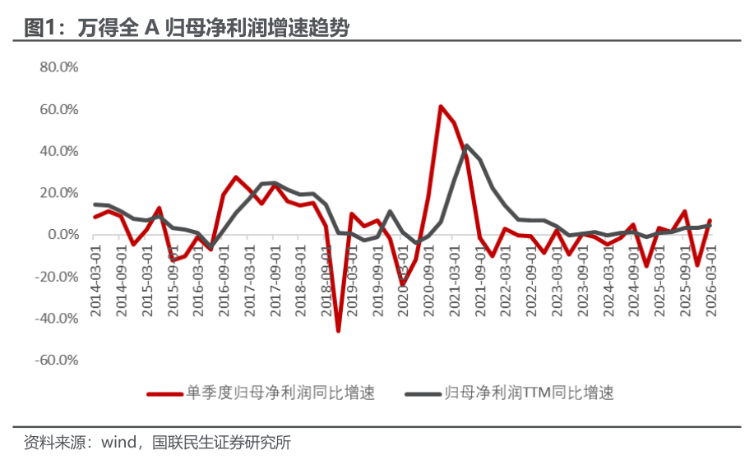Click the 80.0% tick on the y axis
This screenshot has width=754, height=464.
(x=58, y=67)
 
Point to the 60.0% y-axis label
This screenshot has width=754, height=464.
(x=58, y=109)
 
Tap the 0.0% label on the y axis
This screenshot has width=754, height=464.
(x=63, y=234)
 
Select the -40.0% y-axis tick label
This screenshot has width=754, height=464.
(x=56, y=318)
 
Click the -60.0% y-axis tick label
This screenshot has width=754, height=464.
(x=56, y=360)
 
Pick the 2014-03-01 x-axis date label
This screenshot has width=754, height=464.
(x=96, y=281)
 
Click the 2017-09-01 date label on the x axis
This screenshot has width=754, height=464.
(x=275, y=281)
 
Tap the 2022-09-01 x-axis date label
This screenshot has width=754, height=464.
(x=531, y=281)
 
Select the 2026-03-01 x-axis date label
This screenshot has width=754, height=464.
(x=710, y=281)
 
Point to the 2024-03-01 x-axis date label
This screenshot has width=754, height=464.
(x=608, y=281)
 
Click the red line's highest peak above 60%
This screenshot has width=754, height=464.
(x=441, y=106)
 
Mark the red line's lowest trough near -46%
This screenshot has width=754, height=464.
(x=339, y=330)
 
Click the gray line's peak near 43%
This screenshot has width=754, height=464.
(x=466, y=145)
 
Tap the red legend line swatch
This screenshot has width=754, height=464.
(x=165, y=394)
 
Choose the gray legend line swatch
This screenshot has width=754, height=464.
(x=423, y=394)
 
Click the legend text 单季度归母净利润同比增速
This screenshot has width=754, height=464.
(x=280, y=393)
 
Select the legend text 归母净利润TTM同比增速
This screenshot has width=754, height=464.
(x=529, y=393)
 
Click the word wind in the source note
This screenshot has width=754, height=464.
(x=118, y=442)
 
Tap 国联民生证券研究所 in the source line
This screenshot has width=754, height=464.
(x=221, y=442)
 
